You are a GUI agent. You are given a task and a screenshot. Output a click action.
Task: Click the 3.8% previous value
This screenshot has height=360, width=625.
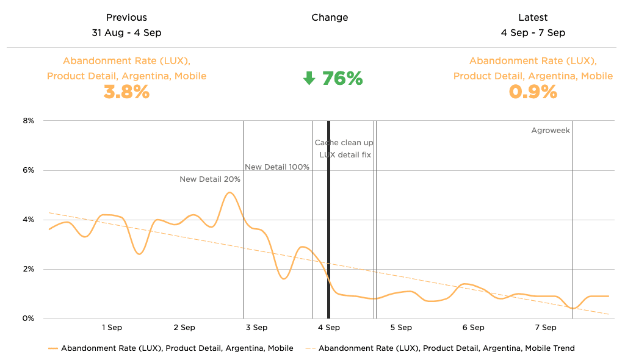[126, 92]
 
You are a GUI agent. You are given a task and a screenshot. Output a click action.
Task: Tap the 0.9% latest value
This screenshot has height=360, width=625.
[533, 92]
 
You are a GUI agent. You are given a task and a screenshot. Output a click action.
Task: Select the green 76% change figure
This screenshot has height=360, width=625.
[342, 79]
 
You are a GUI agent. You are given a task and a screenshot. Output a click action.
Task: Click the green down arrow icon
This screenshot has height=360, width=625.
[309, 79]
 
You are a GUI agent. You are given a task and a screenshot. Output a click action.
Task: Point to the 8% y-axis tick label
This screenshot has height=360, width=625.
[28, 121]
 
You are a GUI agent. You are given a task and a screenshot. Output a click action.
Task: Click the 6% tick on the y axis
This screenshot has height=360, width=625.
[28, 170]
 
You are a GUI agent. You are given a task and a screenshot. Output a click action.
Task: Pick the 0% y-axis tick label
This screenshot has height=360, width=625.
[28, 319]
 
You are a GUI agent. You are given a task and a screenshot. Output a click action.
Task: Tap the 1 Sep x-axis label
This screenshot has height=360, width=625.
[112, 328]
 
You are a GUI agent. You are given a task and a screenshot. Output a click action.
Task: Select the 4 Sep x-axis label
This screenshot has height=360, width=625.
[328, 328]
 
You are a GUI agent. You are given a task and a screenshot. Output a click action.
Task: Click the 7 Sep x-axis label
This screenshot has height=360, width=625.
[545, 328]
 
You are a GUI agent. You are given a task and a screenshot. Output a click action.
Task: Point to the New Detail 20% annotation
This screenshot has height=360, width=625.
[209, 179]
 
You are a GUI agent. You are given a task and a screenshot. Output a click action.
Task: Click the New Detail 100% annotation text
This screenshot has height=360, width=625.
[276, 167]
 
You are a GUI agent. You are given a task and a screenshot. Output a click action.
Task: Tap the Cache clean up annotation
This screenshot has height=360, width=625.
[344, 143]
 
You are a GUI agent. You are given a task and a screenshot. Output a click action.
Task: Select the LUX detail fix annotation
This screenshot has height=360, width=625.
[345, 155]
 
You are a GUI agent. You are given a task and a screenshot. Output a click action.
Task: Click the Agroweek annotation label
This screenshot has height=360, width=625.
[550, 131]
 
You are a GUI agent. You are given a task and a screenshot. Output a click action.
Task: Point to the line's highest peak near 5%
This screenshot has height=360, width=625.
[229, 193]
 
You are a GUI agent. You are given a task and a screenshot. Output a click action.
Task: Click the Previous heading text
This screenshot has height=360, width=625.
[126, 18]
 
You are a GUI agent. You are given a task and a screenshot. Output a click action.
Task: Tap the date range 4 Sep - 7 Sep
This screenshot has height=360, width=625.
[533, 33]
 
